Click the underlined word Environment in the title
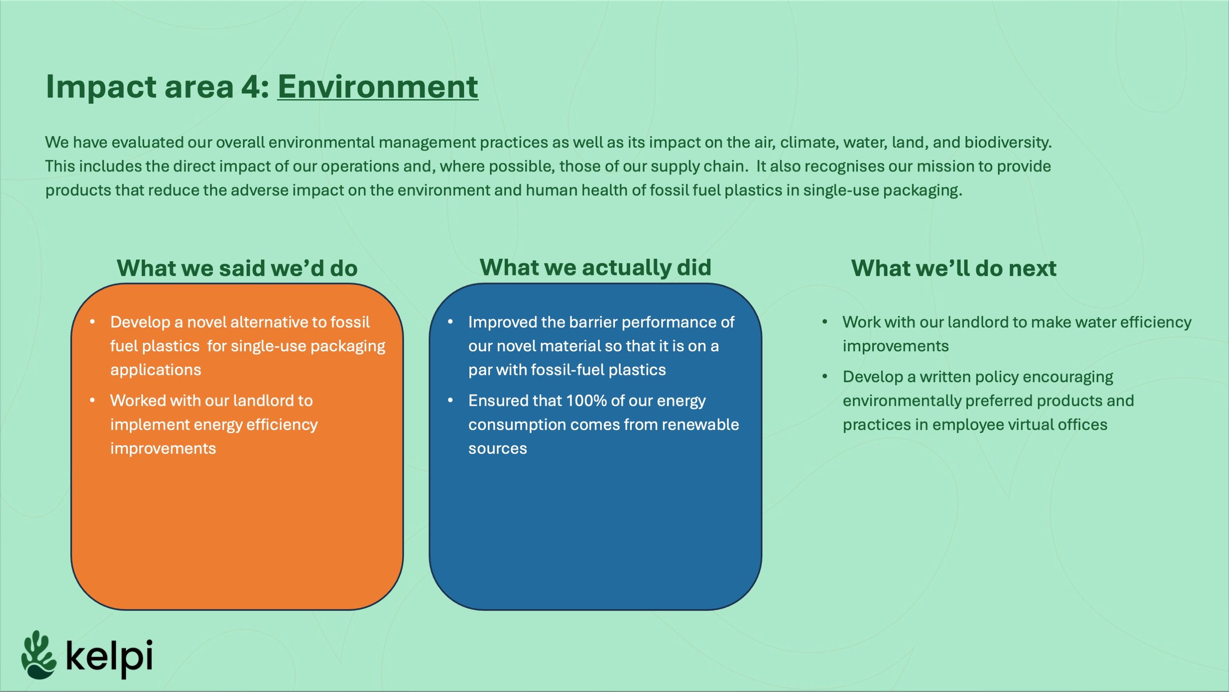point(378,87)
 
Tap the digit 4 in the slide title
point(250,87)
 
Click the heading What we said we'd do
point(237,269)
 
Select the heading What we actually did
point(595,268)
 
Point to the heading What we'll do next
point(954,269)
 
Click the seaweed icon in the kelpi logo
point(38,655)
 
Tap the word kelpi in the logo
point(109,657)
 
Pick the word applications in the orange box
point(155,370)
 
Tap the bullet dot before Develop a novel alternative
point(92,322)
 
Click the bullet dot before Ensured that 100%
point(450,401)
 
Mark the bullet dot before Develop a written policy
point(825,377)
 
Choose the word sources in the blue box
point(497,449)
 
